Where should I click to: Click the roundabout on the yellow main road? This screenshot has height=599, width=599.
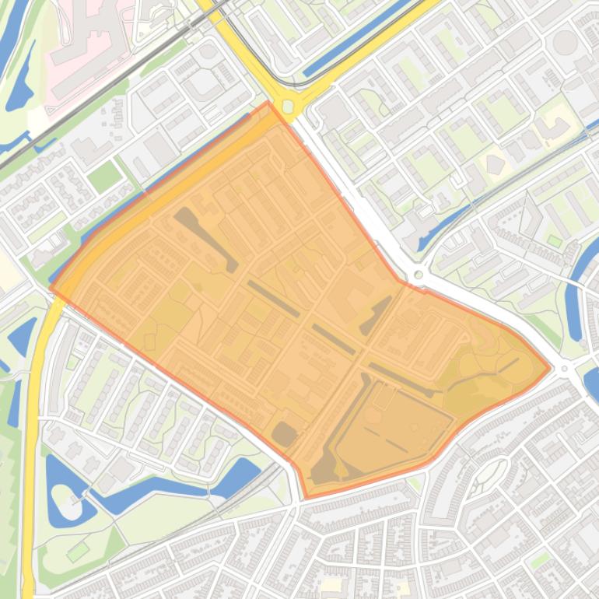289,104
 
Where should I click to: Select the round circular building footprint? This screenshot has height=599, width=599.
565,42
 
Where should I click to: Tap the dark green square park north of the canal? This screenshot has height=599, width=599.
103,177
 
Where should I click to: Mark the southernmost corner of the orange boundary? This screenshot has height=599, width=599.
305,498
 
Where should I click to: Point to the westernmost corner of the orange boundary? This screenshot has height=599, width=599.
51,287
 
